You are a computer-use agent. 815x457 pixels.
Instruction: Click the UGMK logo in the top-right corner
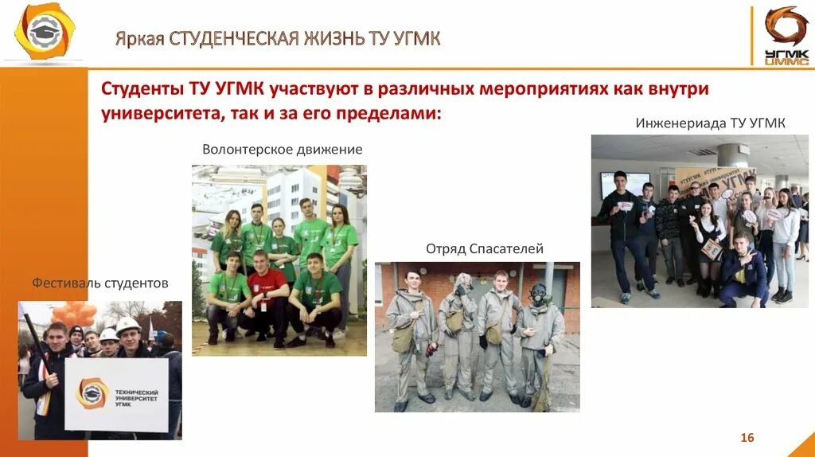(785, 34)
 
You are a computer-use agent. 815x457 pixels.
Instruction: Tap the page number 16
(747, 437)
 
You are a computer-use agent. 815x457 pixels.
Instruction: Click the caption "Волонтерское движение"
(282, 150)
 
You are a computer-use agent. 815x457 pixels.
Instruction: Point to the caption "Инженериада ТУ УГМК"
(710, 123)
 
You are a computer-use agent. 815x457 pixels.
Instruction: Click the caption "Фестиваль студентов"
(100, 283)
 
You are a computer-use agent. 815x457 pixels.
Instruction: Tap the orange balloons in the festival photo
(76, 315)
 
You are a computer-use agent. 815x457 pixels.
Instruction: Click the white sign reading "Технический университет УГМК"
(116, 394)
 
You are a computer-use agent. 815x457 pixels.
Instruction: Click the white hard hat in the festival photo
(127, 325)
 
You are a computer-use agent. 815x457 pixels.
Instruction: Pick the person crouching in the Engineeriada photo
(742, 270)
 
